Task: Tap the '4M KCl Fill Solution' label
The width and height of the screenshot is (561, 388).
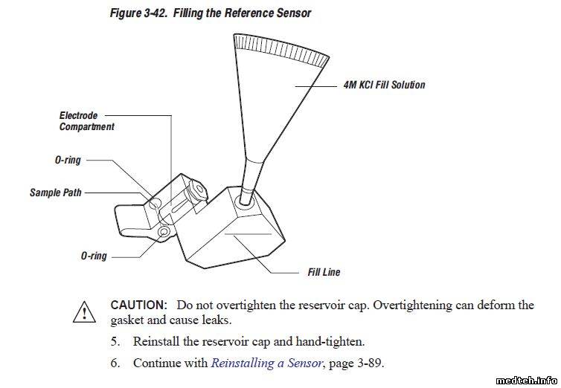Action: point(384,85)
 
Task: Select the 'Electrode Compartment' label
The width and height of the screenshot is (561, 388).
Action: point(86,121)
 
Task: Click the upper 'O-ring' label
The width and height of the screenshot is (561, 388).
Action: point(68,160)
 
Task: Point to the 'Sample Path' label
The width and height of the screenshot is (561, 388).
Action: point(56,193)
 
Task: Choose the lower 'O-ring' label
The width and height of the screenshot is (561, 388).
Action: point(94,256)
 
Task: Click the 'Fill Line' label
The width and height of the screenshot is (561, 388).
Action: point(324,272)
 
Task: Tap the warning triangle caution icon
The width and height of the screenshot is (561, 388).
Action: point(84,312)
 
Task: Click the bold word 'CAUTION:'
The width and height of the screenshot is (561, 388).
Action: point(138,305)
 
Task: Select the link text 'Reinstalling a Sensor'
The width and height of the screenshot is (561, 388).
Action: point(266,363)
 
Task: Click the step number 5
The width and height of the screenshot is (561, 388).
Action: point(115,342)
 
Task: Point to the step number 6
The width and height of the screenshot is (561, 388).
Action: point(115,363)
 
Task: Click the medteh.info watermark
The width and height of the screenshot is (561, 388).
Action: point(528,378)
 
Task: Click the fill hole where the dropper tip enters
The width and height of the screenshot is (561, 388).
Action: point(243,200)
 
